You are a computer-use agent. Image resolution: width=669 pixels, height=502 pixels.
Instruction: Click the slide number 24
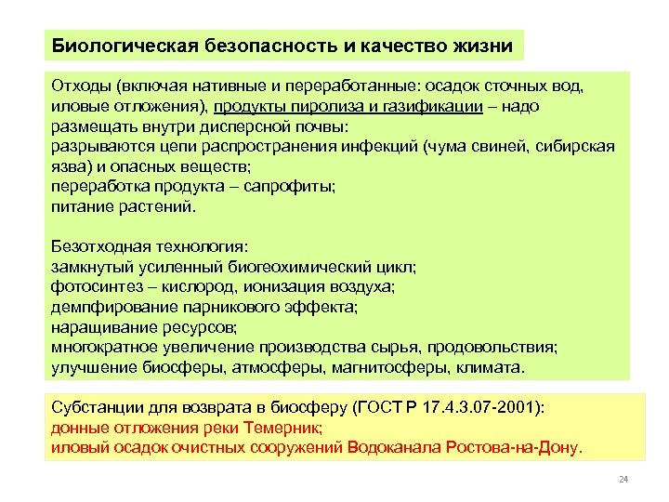(623, 480)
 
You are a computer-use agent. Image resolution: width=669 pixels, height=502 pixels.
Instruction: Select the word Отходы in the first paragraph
(81, 87)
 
